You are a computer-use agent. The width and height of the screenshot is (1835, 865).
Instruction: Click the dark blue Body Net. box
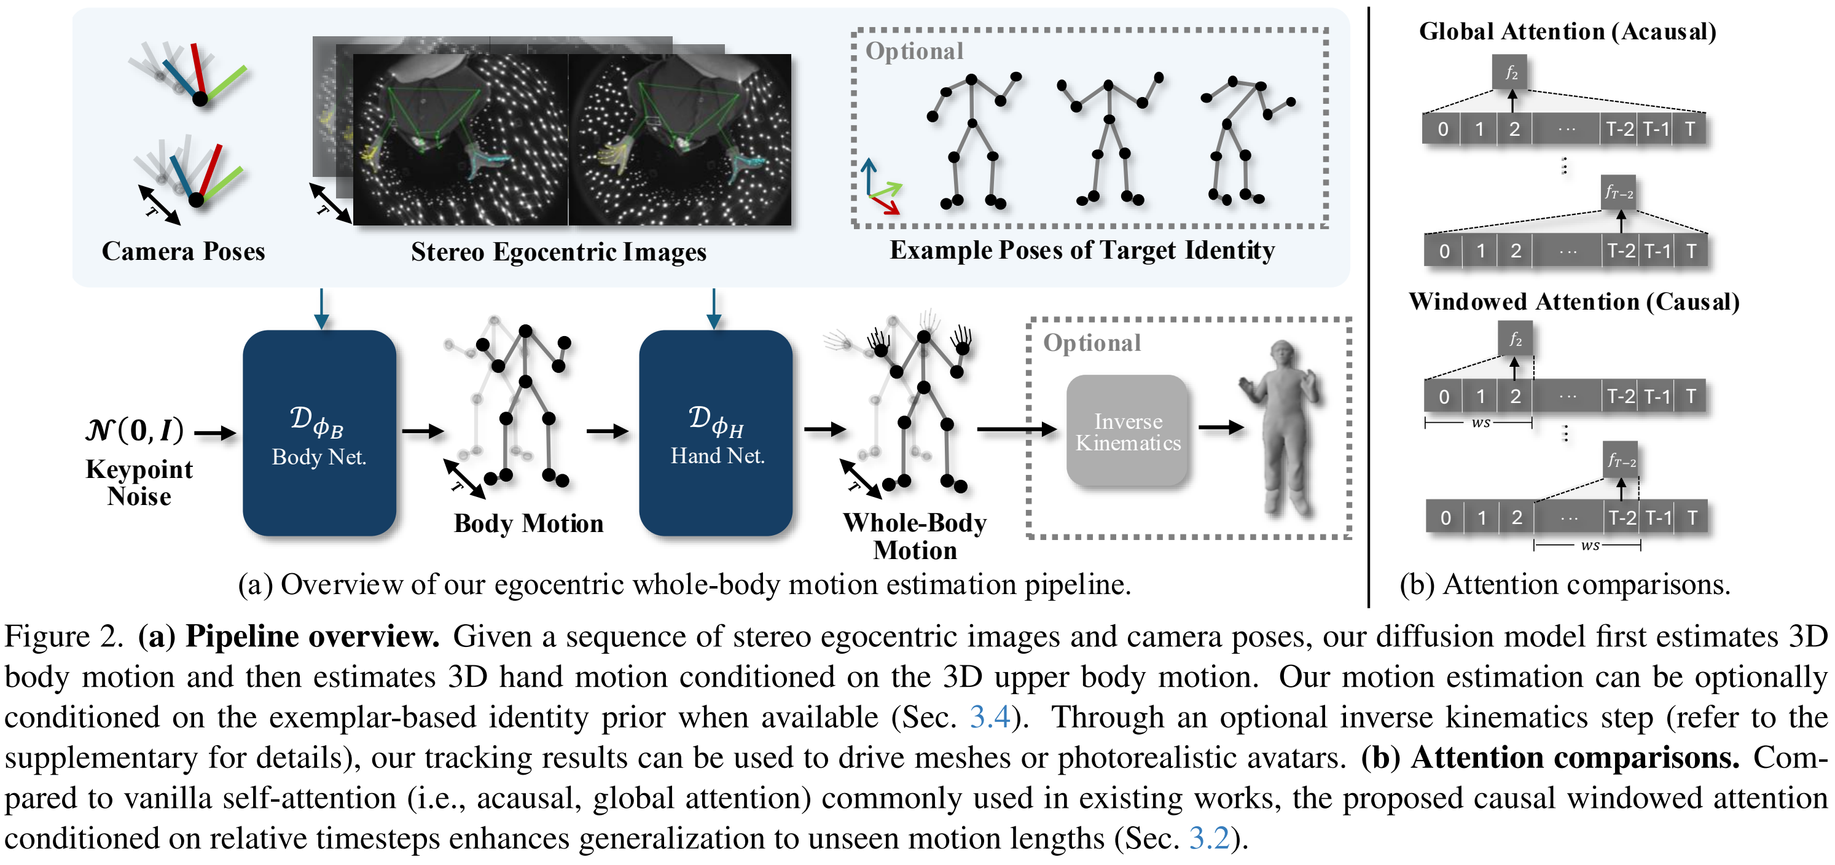[319, 432]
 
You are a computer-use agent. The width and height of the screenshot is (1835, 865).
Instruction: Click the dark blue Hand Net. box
[715, 432]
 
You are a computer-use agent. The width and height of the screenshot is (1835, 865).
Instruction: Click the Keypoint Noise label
[139, 482]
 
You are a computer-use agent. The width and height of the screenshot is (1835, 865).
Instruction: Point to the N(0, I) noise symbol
[135, 431]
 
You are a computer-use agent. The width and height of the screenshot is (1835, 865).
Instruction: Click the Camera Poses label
[183, 251]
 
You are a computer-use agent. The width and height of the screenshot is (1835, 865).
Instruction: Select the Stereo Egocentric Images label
[558, 251]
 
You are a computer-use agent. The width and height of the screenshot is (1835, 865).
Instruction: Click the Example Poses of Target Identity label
[1082, 250]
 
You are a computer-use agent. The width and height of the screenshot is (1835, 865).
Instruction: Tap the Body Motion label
[528, 523]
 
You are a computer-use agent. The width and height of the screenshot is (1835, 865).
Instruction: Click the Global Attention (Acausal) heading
[1567, 31]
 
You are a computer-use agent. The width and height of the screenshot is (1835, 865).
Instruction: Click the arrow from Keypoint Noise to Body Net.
[215, 432]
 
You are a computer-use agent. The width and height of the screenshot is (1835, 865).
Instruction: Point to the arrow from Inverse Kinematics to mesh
[1221, 428]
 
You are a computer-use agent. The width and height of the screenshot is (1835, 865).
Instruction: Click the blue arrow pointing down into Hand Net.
[714, 308]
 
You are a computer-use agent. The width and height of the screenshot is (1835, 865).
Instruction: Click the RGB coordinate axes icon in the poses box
[881, 187]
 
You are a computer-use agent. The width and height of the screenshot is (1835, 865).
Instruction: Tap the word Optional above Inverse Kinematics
[1092, 343]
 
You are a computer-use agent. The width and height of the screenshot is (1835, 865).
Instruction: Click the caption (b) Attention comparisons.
[1565, 584]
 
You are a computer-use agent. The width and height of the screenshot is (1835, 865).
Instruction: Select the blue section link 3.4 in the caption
[990, 717]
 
